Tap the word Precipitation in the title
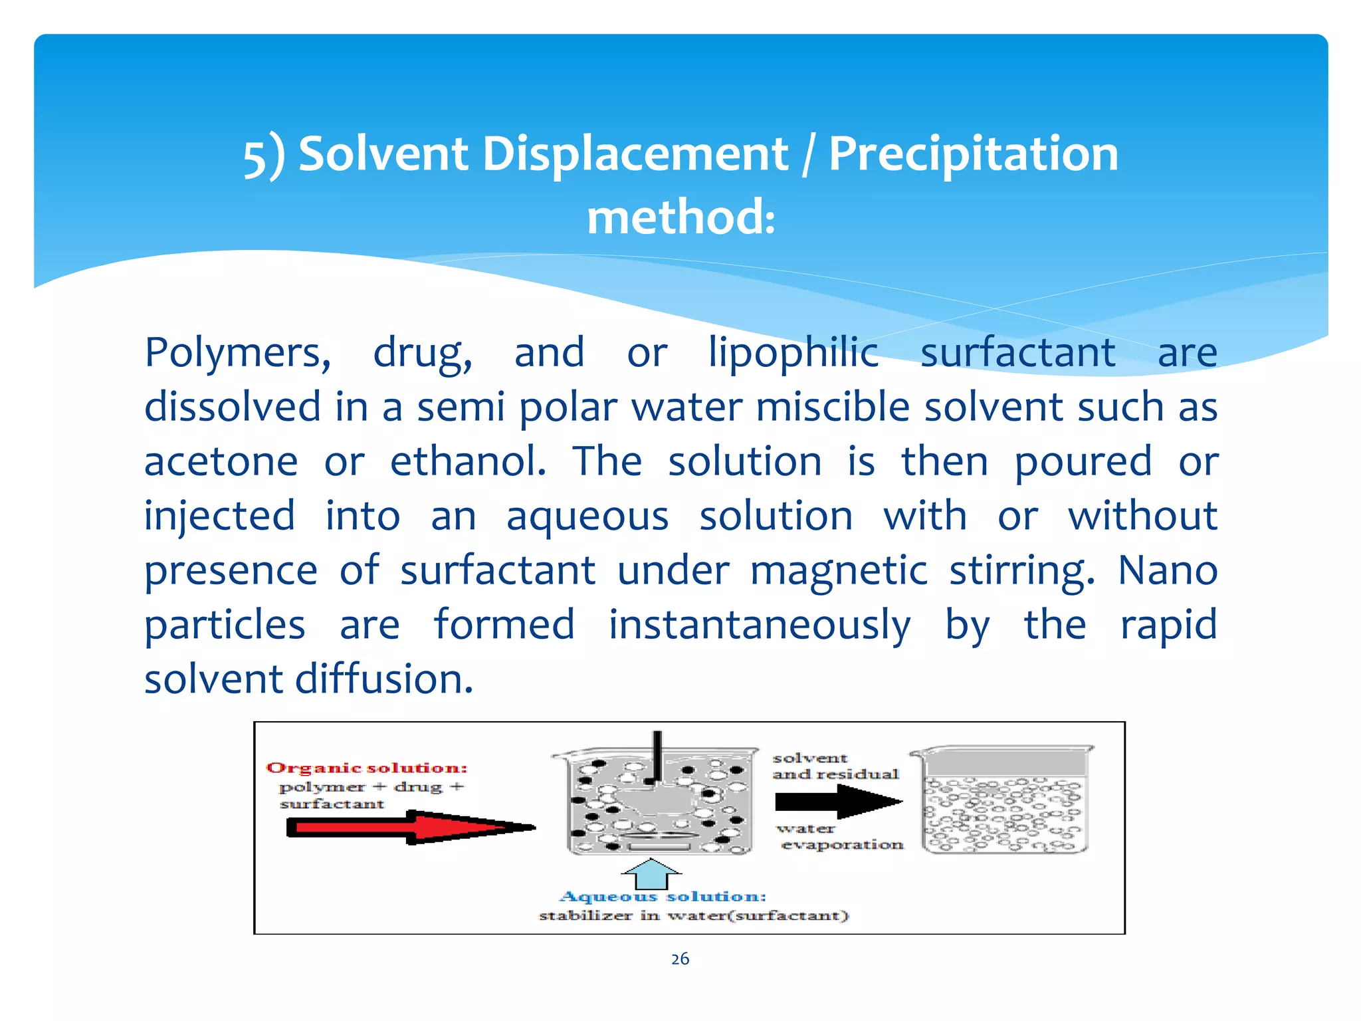pyautogui.click(x=974, y=154)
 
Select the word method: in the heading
pyautogui.click(x=680, y=218)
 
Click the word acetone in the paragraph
pyautogui.click(x=221, y=461)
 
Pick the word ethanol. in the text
pyautogui.click(x=468, y=461)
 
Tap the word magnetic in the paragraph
pyautogui.click(x=839, y=570)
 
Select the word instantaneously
pyautogui.click(x=760, y=625)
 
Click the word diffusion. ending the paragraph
pyautogui.click(x=383, y=679)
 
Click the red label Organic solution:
pyautogui.click(x=367, y=768)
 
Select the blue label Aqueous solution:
pyautogui.click(x=663, y=897)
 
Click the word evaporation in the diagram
pyautogui.click(x=842, y=845)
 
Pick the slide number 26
pyautogui.click(x=680, y=959)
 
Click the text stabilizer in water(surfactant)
pyautogui.click(x=693, y=916)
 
